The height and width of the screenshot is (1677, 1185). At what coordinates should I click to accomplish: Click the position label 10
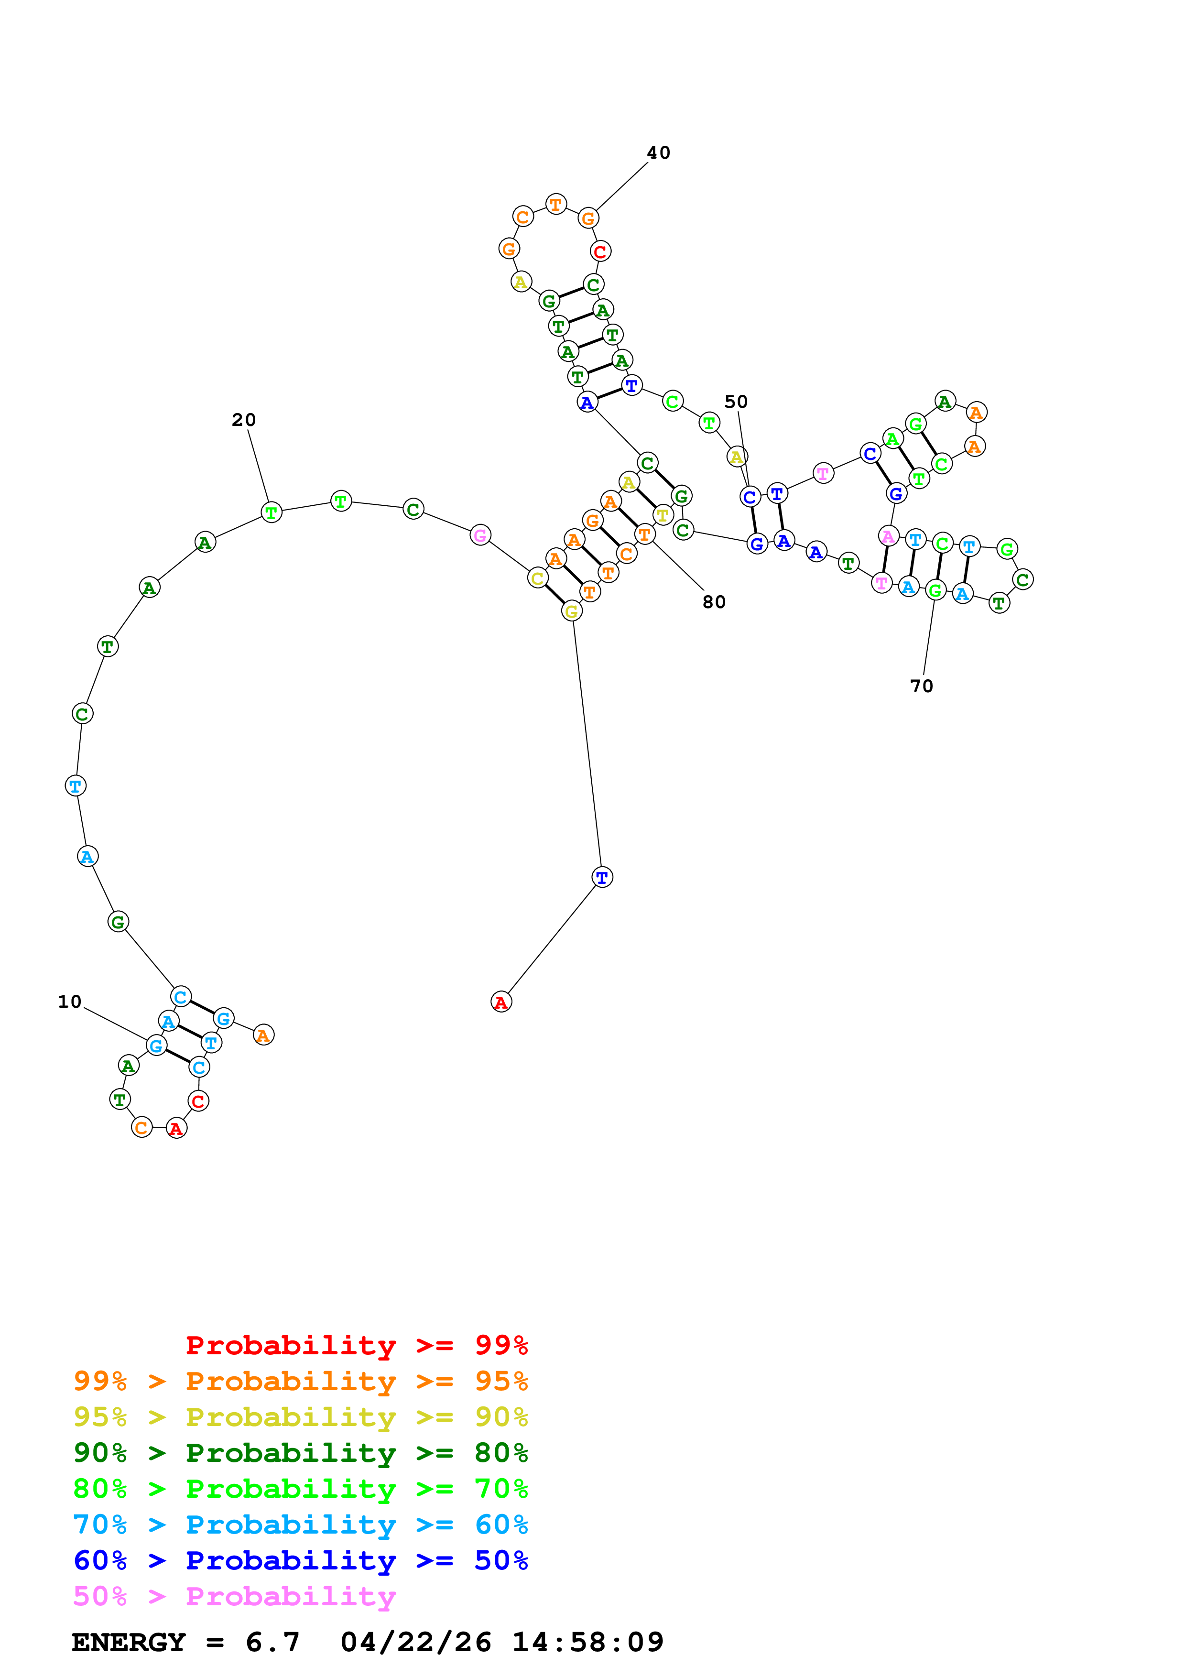tap(70, 1002)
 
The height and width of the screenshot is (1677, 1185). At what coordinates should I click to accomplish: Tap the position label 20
tap(244, 420)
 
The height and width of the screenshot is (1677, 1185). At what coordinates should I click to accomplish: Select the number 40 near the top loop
tap(659, 152)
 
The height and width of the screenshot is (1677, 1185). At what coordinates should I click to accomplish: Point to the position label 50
tap(736, 402)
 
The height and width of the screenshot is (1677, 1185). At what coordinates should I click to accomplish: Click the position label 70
tap(922, 686)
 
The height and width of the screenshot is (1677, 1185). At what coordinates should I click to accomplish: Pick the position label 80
tap(714, 602)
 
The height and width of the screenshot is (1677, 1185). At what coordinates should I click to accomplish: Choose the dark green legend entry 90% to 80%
tap(301, 1453)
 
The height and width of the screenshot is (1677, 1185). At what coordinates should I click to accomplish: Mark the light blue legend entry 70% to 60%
tap(301, 1525)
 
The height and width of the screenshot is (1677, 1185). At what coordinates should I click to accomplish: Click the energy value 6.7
tap(272, 1642)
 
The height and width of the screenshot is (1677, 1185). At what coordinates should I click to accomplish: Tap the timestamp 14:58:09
tap(588, 1642)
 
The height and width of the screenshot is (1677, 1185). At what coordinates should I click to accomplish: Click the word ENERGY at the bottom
tap(129, 1642)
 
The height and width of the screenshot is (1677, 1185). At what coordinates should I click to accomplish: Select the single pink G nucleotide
tap(480, 535)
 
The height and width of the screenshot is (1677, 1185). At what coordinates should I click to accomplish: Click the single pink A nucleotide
tap(888, 536)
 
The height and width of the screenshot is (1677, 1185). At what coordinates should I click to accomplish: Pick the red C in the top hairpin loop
tap(600, 251)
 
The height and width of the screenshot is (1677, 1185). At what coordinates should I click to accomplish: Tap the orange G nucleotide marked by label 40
tap(588, 218)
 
